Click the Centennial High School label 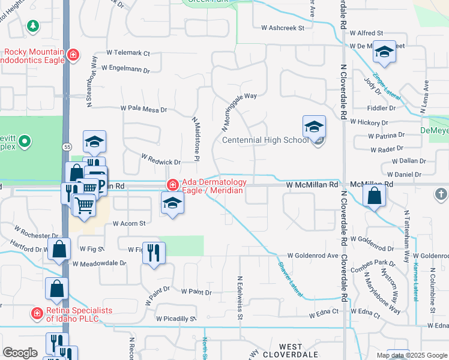(265, 140)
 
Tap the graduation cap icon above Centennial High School (314, 127)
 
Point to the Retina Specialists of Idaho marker (37, 313)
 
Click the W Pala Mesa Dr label (143, 109)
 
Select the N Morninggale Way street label (239, 112)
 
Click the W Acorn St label (130, 223)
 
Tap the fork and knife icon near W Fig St (154, 253)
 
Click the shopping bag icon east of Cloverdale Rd (375, 196)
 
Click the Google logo (20, 353)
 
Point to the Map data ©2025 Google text (411, 355)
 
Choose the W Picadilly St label (176, 319)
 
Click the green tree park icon (32, 26)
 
